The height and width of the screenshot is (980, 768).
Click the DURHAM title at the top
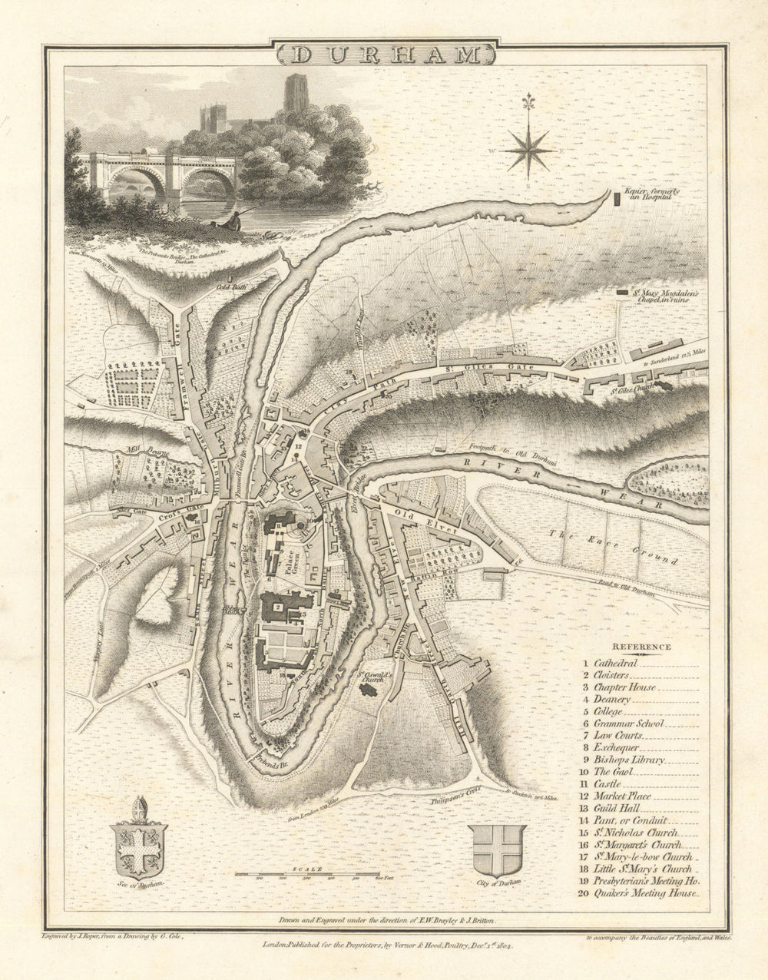[x=385, y=55]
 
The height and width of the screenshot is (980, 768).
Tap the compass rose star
[x=528, y=146]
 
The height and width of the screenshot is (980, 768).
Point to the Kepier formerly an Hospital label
[x=653, y=194]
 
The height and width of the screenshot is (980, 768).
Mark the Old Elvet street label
[x=415, y=512]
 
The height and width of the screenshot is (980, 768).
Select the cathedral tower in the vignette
[x=296, y=94]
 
